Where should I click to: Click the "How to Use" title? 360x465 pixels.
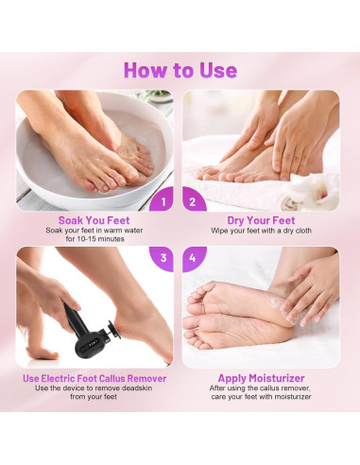point(180,70)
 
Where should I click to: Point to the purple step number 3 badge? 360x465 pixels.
point(162,259)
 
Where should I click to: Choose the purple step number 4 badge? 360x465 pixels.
point(194,259)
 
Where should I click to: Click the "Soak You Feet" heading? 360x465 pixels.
point(94,220)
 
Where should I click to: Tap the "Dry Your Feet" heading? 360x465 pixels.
point(261,220)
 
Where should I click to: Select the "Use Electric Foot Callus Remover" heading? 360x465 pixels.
point(94,378)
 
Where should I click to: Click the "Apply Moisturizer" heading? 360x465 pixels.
point(261,378)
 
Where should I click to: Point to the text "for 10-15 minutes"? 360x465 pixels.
point(94,239)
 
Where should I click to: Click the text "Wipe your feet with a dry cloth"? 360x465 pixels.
point(261,231)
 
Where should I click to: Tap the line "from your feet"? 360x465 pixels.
point(94,397)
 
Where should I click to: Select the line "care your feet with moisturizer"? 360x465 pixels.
point(261,397)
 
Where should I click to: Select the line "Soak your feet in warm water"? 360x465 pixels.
point(94,231)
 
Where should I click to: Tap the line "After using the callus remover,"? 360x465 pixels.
point(261,388)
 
